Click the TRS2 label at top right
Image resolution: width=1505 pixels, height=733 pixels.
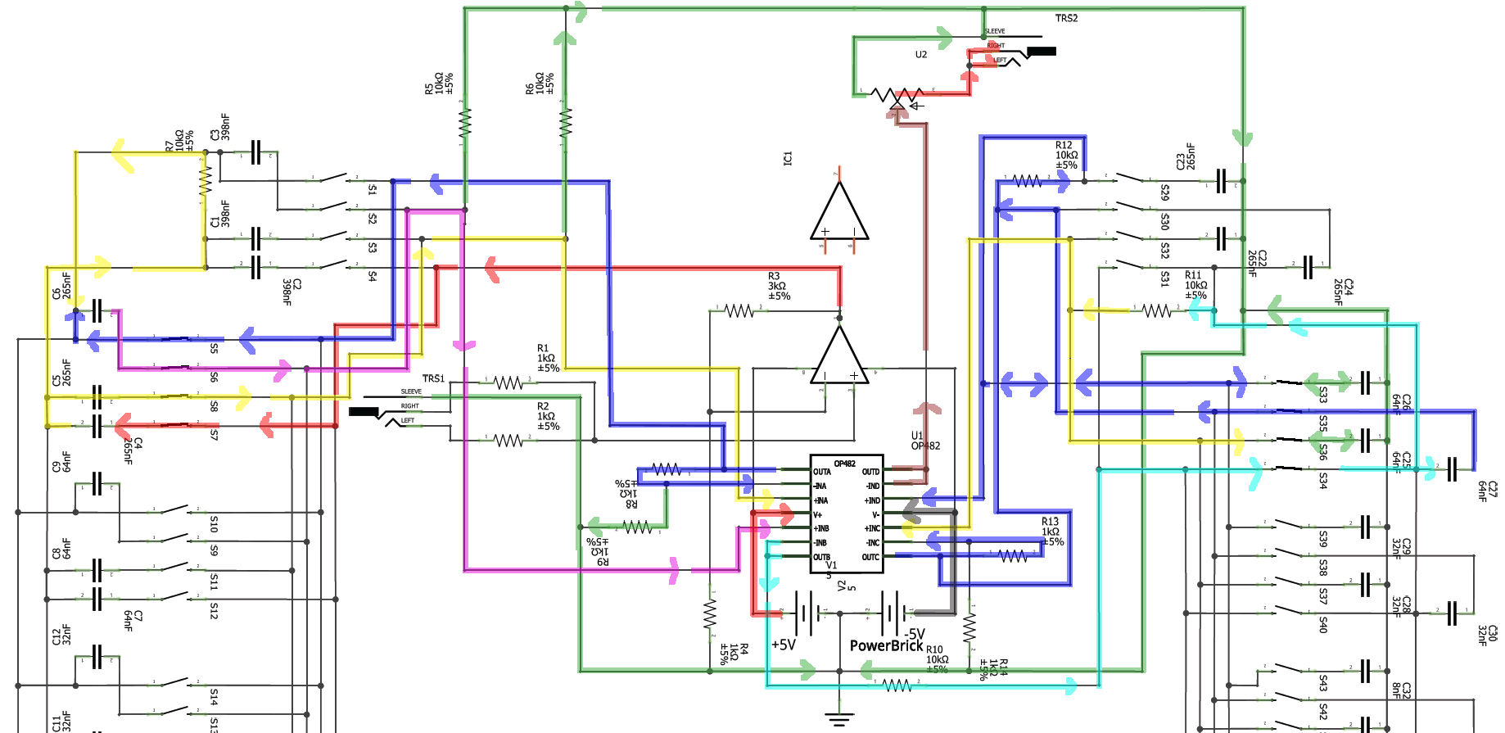click(1066, 18)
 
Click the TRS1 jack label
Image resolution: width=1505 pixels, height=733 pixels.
click(433, 378)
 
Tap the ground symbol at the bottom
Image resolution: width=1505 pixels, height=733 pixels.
click(839, 720)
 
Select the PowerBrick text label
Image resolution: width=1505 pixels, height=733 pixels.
click(886, 645)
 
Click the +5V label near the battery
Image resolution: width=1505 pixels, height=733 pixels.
click(784, 645)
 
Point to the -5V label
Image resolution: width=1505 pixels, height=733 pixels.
click(915, 634)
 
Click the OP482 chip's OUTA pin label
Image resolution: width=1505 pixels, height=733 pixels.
click(821, 472)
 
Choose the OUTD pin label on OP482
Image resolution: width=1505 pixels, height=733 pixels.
click(870, 472)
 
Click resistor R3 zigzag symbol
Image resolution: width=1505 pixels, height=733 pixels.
click(739, 310)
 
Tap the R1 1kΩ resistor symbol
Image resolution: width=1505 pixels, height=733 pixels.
click(508, 382)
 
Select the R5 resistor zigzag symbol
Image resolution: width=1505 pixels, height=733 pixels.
click(465, 123)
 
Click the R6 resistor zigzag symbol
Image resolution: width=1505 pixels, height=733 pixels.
click(566, 123)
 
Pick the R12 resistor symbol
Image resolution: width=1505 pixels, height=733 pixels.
click(1028, 181)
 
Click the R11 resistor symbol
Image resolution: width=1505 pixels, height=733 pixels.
click(1157, 310)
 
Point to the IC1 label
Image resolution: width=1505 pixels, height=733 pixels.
click(788, 158)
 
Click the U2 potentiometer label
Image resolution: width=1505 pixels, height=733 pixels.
click(921, 55)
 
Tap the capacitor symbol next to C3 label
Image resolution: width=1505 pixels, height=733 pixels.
click(255, 152)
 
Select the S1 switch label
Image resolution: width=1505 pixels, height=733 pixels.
click(373, 189)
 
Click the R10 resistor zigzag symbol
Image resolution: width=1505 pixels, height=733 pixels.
click(897, 685)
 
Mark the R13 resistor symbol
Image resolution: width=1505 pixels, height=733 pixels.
click(1013, 555)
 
